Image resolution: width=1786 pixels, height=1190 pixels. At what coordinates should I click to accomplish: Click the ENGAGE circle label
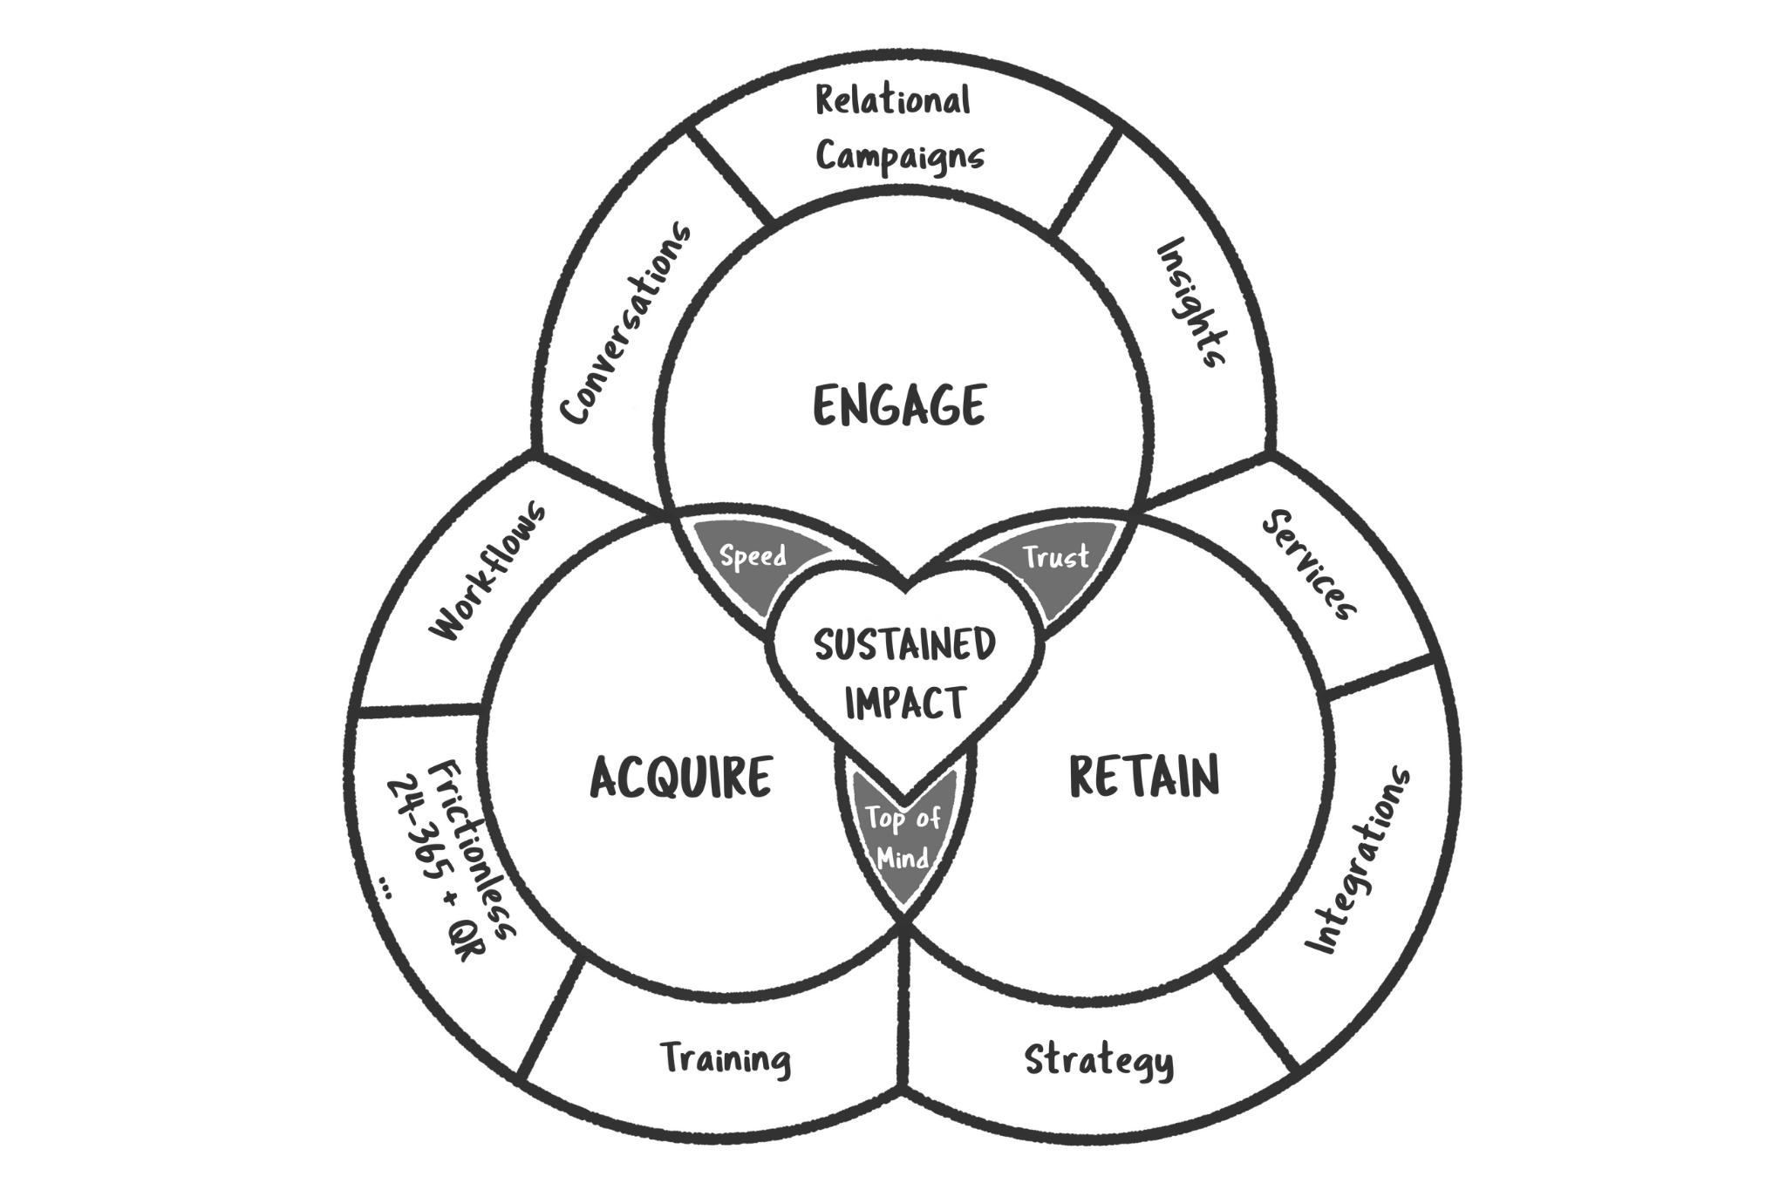[899, 405]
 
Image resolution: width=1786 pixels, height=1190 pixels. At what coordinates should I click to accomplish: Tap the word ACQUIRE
[681, 778]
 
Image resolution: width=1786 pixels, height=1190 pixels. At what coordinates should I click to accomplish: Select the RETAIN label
[1144, 777]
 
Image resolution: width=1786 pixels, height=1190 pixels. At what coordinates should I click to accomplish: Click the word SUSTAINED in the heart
[904, 645]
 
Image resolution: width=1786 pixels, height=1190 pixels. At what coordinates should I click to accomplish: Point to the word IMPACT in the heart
[905, 703]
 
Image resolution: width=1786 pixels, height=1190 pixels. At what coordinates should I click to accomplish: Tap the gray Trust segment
[1056, 557]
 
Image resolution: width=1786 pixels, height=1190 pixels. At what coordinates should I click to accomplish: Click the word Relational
[892, 101]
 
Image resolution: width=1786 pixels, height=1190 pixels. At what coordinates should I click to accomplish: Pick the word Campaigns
[900, 158]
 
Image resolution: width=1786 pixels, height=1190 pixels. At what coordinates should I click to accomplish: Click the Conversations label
[625, 323]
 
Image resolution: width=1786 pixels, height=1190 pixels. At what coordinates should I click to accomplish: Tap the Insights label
[1192, 302]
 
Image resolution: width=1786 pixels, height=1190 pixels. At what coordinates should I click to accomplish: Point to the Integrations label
[1357, 860]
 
